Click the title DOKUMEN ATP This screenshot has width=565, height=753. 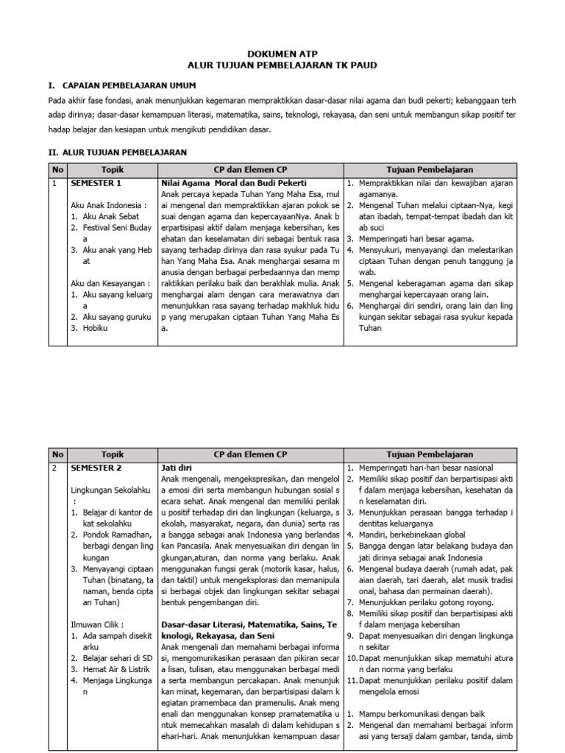[282, 54]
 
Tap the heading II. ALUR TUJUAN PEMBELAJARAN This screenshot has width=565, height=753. [117, 152]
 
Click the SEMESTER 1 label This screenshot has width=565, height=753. [96, 182]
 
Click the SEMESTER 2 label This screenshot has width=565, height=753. [96, 468]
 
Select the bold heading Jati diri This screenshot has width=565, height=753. [177, 468]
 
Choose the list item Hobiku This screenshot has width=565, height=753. [95, 328]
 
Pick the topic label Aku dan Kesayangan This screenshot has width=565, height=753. [109, 283]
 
